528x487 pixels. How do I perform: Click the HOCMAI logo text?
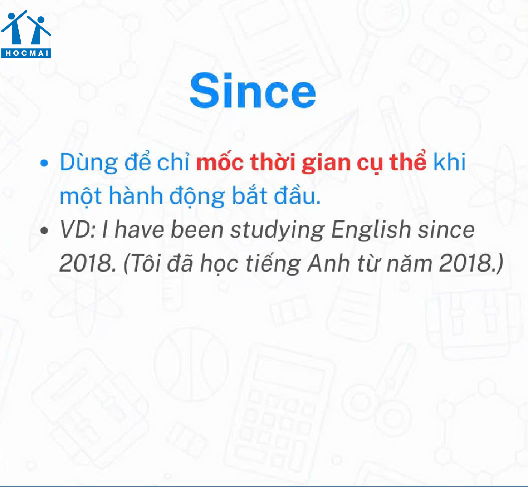pos(26,53)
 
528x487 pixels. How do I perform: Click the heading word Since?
pos(253,91)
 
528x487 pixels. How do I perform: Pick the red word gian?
pos(326,163)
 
